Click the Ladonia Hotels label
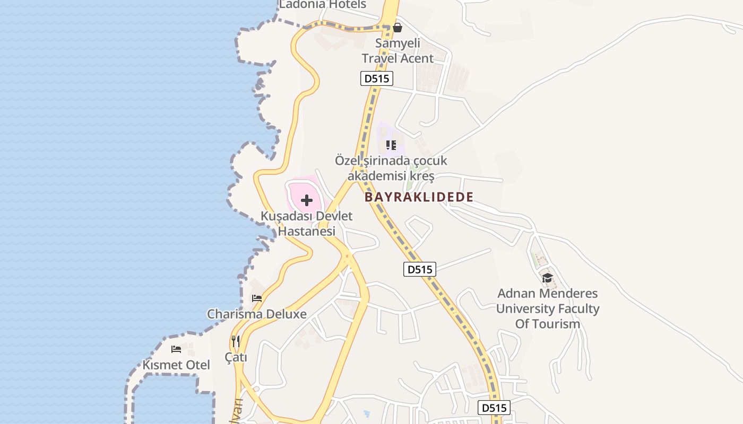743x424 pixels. pyautogui.click(x=323, y=5)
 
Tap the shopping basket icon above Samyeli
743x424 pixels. pyautogui.click(x=397, y=27)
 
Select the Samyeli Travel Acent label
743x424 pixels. pyautogui.click(x=398, y=51)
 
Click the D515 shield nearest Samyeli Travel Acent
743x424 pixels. pyautogui.click(x=376, y=79)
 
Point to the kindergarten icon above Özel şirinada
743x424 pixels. pyautogui.click(x=391, y=145)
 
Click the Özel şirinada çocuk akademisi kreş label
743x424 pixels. pyautogui.click(x=391, y=168)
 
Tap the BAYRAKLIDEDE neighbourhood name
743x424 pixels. pyautogui.click(x=419, y=197)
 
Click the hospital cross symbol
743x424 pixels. pyautogui.click(x=307, y=200)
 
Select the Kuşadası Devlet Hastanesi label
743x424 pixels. pyautogui.click(x=307, y=224)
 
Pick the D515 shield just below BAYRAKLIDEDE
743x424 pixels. pyautogui.click(x=419, y=269)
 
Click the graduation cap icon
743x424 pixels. pyautogui.click(x=547, y=278)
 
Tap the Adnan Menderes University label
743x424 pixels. pyautogui.click(x=547, y=308)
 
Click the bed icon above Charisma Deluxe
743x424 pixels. pyautogui.click(x=257, y=298)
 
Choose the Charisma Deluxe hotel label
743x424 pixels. pyautogui.click(x=257, y=314)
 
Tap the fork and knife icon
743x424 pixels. pyautogui.click(x=236, y=341)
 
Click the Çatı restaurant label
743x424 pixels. pyautogui.click(x=236, y=358)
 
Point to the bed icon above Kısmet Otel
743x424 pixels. pyautogui.click(x=176, y=349)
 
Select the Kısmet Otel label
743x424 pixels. pyautogui.click(x=176, y=365)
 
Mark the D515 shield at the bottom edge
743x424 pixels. pyautogui.click(x=494, y=408)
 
